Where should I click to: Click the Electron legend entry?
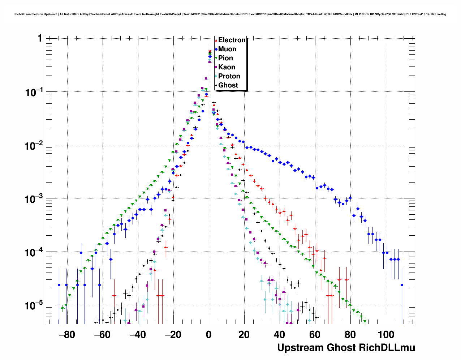click(x=232, y=40)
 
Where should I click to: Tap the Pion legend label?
click(x=225, y=58)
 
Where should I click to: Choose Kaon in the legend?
click(x=227, y=67)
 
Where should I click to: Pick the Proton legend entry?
click(x=229, y=76)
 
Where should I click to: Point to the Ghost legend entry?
click(x=228, y=85)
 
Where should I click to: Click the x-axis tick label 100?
click(x=386, y=335)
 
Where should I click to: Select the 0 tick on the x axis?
click(x=208, y=335)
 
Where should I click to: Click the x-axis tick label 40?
click(x=279, y=335)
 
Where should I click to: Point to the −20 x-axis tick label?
click(x=173, y=335)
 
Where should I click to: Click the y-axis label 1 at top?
click(x=40, y=38)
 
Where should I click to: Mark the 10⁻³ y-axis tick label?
click(x=34, y=199)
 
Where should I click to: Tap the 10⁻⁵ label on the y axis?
click(x=34, y=306)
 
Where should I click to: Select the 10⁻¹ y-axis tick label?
click(x=34, y=93)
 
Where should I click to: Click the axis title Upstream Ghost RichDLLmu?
click(x=346, y=348)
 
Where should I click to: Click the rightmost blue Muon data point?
click(x=402, y=285)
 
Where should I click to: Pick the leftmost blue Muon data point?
click(x=59, y=285)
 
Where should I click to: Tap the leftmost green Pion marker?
click(x=63, y=308)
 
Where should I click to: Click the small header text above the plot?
click(x=230, y=14)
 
